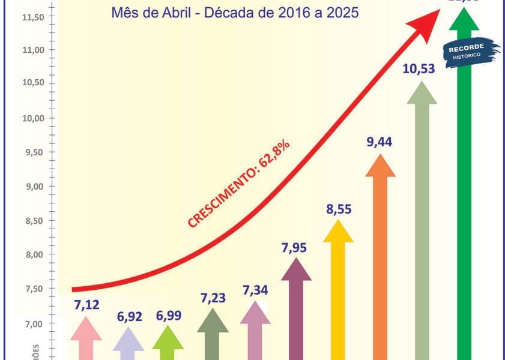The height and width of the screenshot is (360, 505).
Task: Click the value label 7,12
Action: point(86,305)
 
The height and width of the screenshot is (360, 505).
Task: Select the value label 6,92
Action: point(129,316)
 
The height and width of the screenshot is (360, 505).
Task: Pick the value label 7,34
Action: point(255,291)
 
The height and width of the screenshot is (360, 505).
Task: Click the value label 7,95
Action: point(296,247)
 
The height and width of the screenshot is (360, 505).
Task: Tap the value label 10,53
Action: point(422,69)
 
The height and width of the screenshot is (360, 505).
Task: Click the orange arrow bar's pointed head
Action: point(380,166)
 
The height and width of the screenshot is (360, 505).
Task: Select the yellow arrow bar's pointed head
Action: point(339,232)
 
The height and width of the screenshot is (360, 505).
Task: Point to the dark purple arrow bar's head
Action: point(296,269)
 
